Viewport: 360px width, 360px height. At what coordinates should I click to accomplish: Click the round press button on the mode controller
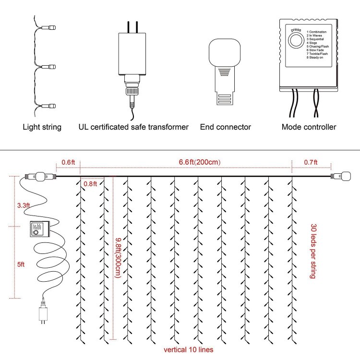296,42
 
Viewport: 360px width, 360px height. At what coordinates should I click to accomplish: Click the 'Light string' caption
42,127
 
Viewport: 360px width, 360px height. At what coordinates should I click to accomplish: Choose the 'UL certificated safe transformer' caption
133,127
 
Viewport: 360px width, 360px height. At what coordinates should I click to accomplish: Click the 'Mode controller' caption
309,127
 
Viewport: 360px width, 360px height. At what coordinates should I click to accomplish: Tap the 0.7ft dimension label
311,162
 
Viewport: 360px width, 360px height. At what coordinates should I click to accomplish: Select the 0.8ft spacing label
90,183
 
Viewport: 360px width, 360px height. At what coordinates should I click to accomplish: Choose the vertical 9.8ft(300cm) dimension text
118,257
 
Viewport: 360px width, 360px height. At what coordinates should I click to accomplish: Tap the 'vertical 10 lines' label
188,349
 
